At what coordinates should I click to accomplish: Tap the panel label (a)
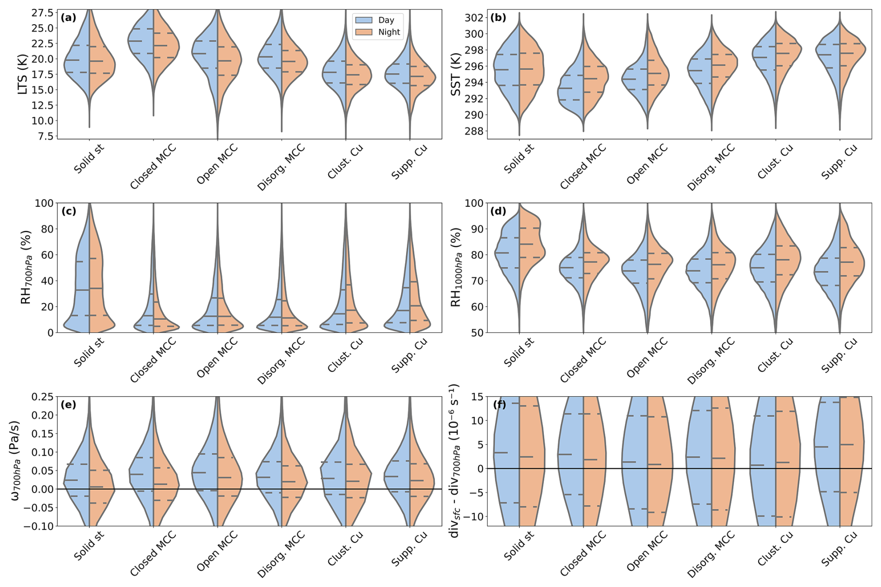68,18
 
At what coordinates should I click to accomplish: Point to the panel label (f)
499,405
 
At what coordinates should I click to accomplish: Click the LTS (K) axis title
22,74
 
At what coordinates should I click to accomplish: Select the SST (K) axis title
455,74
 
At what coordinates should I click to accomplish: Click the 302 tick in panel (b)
474,18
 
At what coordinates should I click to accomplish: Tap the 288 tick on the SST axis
474,131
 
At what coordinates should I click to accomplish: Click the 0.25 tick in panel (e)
42,397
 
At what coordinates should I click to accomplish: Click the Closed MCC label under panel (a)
153,167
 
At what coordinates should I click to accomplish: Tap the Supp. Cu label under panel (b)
839,162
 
